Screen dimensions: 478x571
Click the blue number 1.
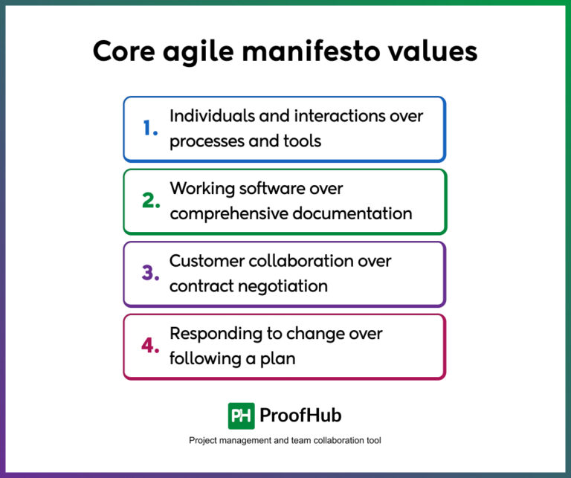pyautogui.click(x=151, y=129)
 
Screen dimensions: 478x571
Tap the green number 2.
pyautogui.click(x=151, y=201)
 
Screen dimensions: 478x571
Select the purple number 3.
pyautogui.click(x=151, y=274)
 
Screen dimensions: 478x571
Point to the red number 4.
pyautogui.click(x=151, y=346)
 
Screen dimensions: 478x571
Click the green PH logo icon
pyautogui.click(x=241, y=416)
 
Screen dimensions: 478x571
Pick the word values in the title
pyautogui.click(x=437, y=53)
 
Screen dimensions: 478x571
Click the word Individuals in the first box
pyautogui.click(x=207, y=116)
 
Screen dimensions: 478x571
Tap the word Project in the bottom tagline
pyautogui.click(x=204, y=441)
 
